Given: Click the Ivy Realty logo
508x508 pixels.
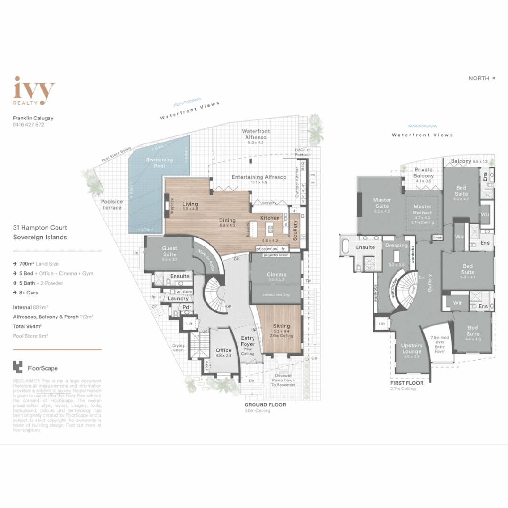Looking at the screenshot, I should [34, 90].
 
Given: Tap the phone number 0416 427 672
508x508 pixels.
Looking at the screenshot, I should [28, 125].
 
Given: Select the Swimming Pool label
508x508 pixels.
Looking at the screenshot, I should [159, 162].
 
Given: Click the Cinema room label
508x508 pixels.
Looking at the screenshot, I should [276, 275].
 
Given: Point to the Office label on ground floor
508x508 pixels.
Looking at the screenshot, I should [223, 350].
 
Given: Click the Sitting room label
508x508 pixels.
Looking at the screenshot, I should [281, 326].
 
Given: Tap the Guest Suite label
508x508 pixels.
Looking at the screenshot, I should [169, 251].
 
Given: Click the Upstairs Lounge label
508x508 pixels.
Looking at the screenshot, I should [412, 349].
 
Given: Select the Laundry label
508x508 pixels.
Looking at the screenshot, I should [178, 299].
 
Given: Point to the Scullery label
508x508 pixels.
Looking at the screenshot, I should [295, 230].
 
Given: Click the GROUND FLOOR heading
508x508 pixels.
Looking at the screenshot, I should [265, 405].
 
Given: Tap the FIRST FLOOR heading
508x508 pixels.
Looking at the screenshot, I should [407, 383].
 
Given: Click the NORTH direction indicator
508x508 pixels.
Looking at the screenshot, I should [482, 79].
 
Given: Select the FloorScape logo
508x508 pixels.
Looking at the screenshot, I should [35, 368].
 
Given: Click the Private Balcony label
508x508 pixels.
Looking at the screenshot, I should [424, 173].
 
